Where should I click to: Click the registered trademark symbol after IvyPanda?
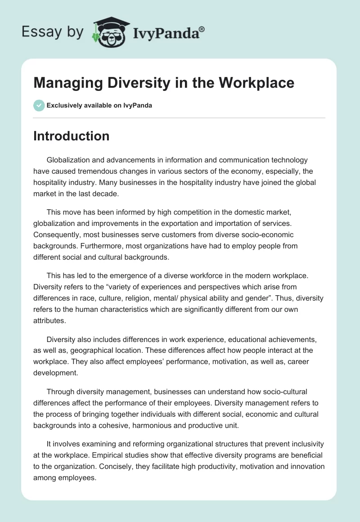[202, 29]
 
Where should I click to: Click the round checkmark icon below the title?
[39, 105]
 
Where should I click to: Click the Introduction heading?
[71, 136]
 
